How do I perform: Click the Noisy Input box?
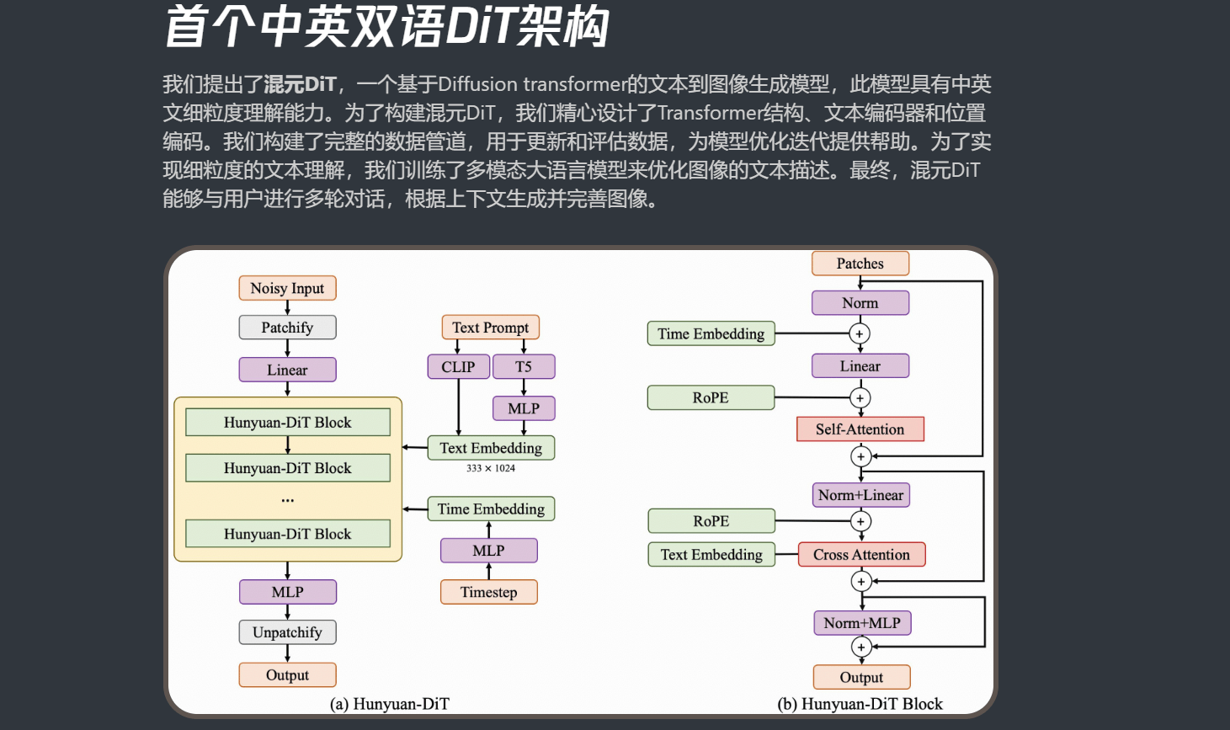pos(287,288)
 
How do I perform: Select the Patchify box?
pos(287,328)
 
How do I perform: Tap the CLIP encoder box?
pos(458,367)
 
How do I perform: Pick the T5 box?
pos(524,367)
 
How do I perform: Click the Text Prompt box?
pos(490,328)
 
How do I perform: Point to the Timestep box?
pos(488,592)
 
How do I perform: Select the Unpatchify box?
pos(287,632)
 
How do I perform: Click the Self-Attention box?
pos(860,429)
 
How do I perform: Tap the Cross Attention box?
pos(861,555)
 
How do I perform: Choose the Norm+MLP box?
pos(862,623)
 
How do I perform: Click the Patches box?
pos(860,264)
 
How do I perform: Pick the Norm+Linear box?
pos(860,495)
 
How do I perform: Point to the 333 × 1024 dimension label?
pos(491,468)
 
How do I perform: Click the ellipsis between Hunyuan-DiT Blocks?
pos(288,500)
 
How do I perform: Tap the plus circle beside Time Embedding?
pos(860,334)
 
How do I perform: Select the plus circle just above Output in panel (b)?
pos(861,647)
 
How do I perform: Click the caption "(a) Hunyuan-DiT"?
pos(390,704)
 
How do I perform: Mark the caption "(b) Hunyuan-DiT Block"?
pos(860,704)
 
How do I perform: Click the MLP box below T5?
pos(524,408)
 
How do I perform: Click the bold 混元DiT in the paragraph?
pos(300,84)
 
